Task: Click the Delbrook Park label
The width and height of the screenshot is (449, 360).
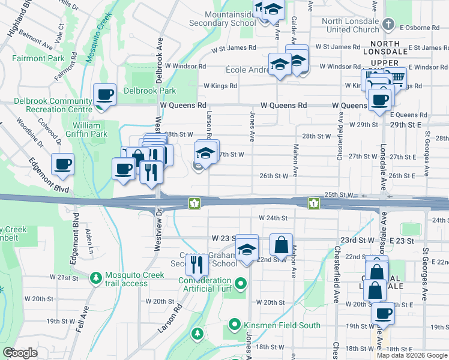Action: [149, 91]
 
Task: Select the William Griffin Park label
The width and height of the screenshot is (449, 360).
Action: [91, 130]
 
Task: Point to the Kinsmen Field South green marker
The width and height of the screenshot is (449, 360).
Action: [235, 326]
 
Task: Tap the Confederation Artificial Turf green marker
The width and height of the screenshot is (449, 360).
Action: [241, 282]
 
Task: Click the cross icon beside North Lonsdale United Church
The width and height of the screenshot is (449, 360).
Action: [388, 25]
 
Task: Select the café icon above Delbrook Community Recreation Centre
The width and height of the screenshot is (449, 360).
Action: [105, 95]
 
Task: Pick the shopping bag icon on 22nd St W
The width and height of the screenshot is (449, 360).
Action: [281, 245]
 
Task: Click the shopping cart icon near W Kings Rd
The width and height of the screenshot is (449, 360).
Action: [396, 77]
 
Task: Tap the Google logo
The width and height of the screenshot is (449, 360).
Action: [20, 353]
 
